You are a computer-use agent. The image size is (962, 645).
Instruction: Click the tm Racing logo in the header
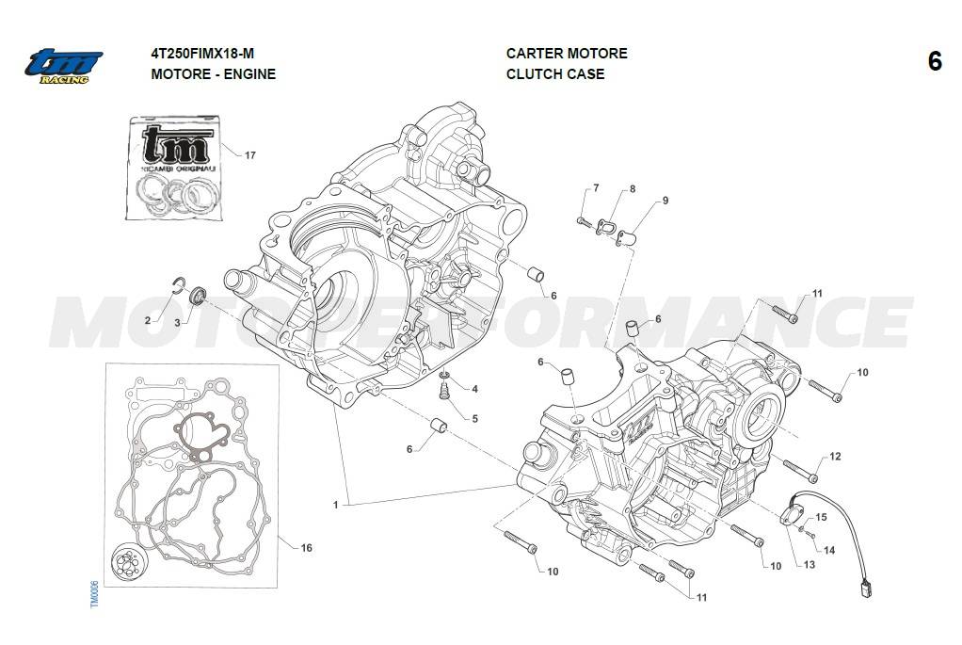[63, 65]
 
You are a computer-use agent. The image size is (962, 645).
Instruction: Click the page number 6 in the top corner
[934, 62]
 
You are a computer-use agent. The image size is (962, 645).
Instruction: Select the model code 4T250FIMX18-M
[202, 54]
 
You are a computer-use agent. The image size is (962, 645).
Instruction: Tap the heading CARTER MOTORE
[567, 54]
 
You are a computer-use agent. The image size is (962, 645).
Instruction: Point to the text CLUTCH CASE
[555, 74]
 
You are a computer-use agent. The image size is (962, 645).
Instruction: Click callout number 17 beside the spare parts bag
[249, 155]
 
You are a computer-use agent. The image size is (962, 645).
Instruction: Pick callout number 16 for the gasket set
[307, 548]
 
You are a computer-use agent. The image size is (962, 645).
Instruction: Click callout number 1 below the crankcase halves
[335, 506]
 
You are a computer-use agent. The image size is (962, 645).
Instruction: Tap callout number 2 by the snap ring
[148, 321]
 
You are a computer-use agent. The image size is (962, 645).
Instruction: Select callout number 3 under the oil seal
[176, 322]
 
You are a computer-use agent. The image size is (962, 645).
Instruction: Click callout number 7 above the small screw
[596, 189]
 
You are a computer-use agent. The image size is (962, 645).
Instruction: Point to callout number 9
[665, 201]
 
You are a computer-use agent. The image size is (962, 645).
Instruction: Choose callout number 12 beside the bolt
[835, 457]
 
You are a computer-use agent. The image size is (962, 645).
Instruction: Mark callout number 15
[821, 517]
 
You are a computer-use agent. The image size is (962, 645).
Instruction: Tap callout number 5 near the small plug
[474, 418]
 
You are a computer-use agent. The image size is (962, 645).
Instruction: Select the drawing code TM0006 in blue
[94, 594]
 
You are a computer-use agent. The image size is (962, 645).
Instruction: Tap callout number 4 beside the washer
[474, 389]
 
